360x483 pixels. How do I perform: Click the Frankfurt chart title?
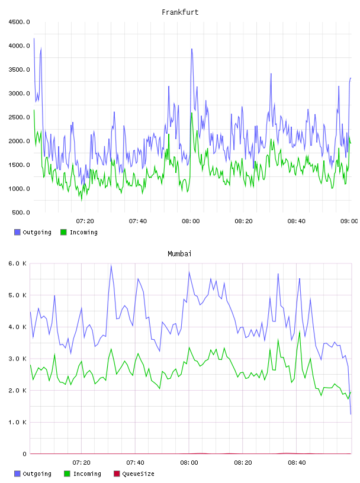click(180, 12)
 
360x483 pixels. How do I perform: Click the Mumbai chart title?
click(179, 253)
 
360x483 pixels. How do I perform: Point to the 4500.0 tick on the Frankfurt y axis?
click(19, 22)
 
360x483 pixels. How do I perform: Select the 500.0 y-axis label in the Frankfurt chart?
click(21, 212)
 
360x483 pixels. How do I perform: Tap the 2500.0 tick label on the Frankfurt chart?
click(19, 117)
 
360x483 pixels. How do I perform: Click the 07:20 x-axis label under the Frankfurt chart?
click(85, 221)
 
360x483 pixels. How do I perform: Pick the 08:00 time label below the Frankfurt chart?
click(191, 221)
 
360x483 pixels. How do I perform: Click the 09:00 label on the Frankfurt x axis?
click(349, 221)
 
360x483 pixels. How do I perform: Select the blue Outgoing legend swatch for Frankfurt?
click(17, 232)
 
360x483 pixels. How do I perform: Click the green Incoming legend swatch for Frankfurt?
click(63, 232)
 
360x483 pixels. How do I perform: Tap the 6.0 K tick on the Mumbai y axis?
click(18, 263)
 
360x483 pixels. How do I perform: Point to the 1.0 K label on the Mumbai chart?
click(18, 422)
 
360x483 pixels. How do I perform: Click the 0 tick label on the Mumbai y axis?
click(24, 454)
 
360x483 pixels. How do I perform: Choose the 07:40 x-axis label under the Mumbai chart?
click(136, 463)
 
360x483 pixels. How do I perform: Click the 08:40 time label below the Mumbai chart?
click(297, 463)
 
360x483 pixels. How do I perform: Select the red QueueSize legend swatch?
click(117, 474)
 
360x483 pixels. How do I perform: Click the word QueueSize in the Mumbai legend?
click(138, 474)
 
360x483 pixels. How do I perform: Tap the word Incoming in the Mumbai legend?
click(87, 474)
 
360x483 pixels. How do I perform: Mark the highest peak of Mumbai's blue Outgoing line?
click(111, 265)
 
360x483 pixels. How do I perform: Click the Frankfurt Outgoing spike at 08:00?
click(191, 49)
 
